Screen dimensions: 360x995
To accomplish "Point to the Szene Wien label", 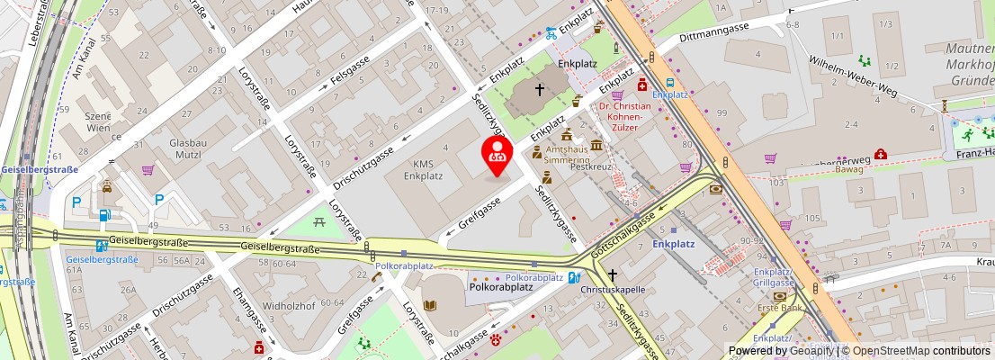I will coord(98,122).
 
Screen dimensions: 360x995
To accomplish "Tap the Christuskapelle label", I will coord(613,290).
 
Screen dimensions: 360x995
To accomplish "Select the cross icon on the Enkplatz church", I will coord(540,90).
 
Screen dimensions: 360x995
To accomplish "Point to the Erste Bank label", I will coord(779,309).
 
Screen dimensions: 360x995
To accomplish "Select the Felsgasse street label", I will coord(350,68).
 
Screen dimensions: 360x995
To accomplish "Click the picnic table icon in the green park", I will coord(319,220).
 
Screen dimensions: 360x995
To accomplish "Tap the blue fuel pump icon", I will coord(105,215).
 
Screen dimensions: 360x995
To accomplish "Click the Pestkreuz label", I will coord(591,166).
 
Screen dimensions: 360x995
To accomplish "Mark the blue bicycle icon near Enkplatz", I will coord(551,33).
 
